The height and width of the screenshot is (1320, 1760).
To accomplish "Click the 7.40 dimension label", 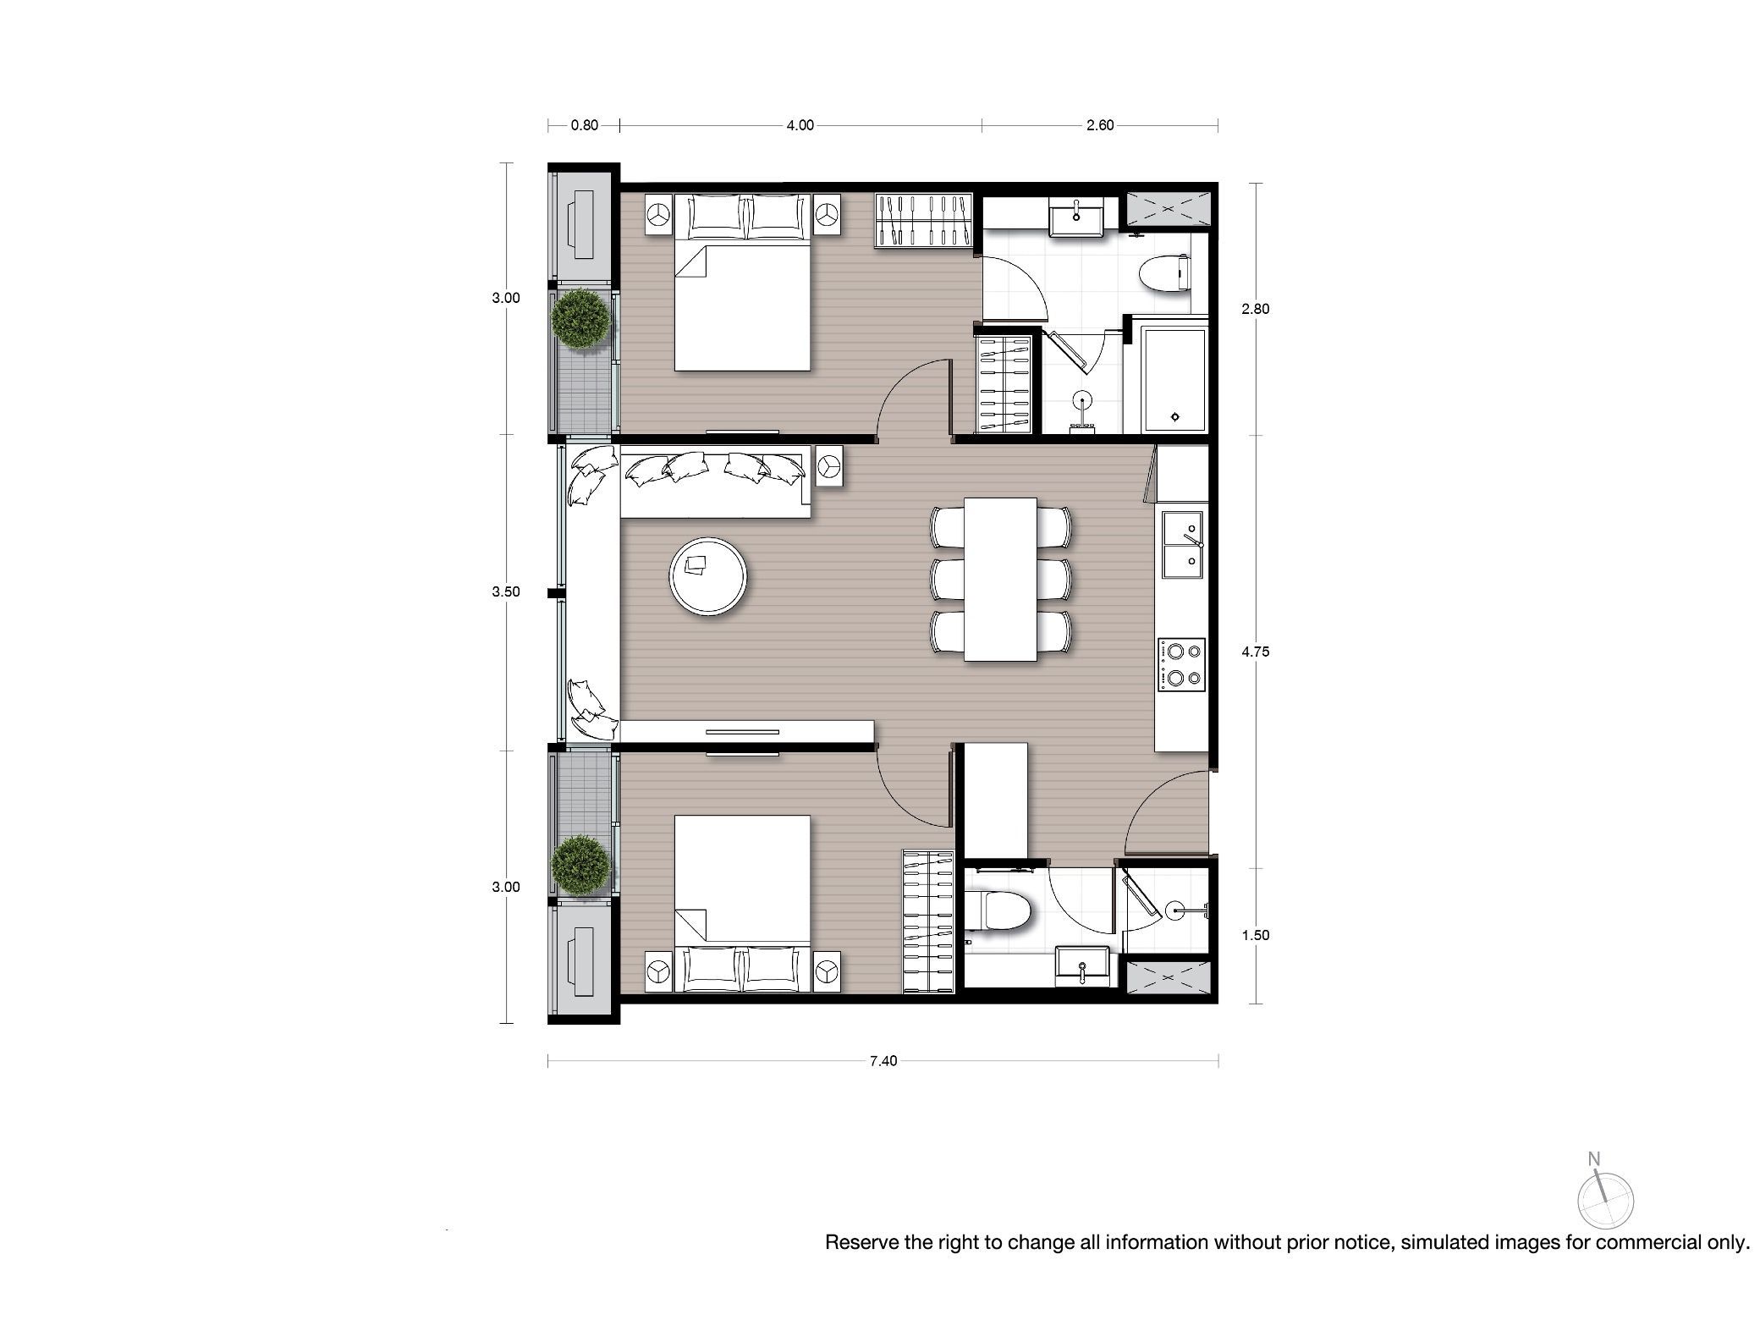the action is [x=883, y=1060].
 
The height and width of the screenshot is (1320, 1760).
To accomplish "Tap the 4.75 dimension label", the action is [x=1255, y=652].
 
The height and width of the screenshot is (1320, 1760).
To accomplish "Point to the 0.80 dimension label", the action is [x=584, y=125].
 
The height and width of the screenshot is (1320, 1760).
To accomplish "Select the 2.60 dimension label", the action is [x=1100, y=125].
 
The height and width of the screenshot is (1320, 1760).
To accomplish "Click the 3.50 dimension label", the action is [x=506, y=591].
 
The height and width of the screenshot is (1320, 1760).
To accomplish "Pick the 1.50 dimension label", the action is [x=1255, y=935].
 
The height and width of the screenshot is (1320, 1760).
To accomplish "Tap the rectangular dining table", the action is [x=1001, y=579].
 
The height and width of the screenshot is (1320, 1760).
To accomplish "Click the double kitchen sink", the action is [x=1184, y=543].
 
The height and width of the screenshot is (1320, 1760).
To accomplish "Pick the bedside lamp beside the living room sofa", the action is [x=830, y=466].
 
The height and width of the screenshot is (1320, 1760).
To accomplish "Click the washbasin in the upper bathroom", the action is [x=1076, y=217].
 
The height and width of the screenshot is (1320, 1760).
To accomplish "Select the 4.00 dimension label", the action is [x=800, y=125].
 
